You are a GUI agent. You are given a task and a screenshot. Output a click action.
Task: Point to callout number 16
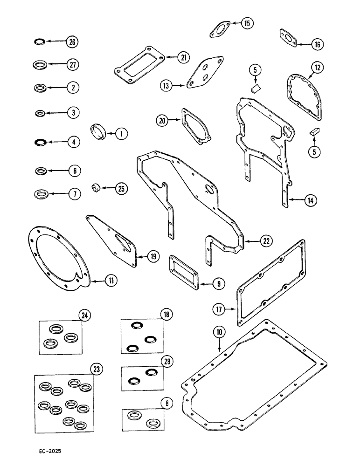pos(317,45)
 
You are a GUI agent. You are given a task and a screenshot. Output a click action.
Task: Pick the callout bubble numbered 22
pos(266,241)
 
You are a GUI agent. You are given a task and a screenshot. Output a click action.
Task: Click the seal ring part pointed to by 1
pos(99,133)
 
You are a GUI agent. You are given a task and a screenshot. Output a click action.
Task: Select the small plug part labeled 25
pos(96,188)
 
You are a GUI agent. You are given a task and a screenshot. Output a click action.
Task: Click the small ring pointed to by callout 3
pos(40,113)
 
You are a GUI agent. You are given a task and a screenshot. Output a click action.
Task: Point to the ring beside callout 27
pos(40,64)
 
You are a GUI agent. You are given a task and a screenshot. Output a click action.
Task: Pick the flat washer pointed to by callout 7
pos(41,193)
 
